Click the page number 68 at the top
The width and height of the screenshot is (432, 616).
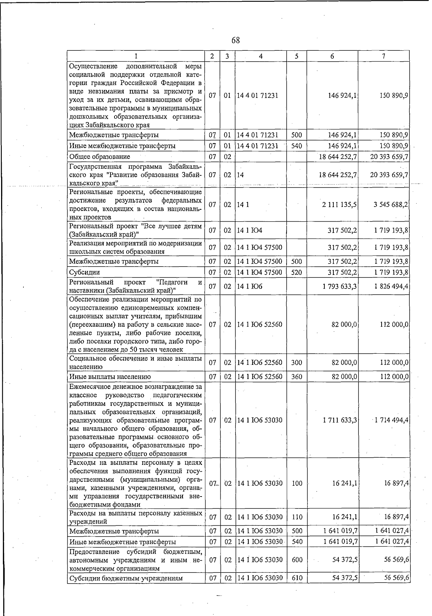[235, 40]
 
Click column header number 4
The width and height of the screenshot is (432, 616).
[260, 56]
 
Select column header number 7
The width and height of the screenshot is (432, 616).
[383, 56]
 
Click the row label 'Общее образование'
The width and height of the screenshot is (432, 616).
[100, 157]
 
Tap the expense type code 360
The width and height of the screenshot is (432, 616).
[297, 377]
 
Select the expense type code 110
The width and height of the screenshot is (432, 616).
[297, 517]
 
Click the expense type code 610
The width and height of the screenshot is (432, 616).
[297, 578]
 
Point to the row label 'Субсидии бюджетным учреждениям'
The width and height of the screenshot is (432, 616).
[126, 578]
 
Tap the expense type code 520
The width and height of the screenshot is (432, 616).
[297, 272]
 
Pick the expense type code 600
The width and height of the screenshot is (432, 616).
[297, 560]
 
